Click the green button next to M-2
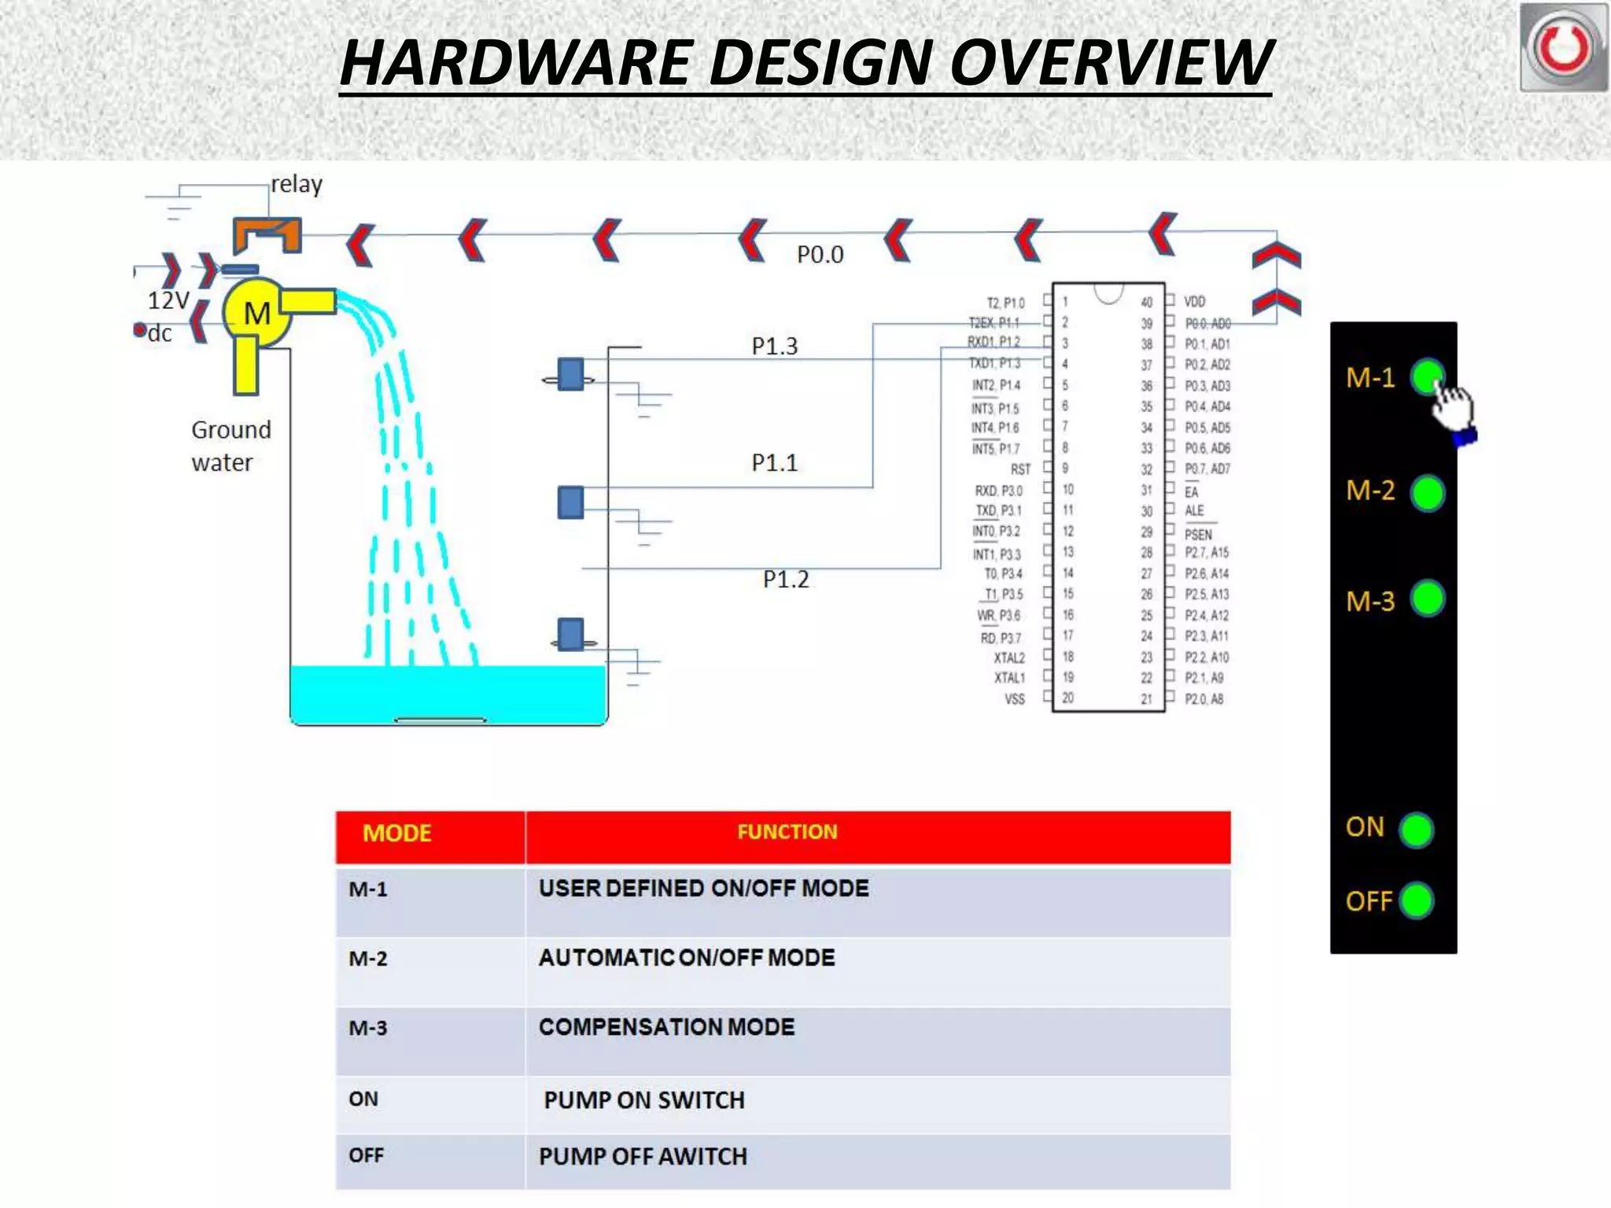point(1427,493)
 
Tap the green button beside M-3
point(1427,598)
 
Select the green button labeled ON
point(1417,830)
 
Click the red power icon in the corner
point(1563,47)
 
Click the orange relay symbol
point(267,234)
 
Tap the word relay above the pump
point(297,184)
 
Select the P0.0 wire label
point(820,255)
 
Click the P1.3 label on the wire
point(774,346)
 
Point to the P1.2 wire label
point(785,580)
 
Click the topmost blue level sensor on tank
point(570,374)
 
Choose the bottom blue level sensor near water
point(570,635)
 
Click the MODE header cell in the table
point(397,834)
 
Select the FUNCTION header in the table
point(787,832)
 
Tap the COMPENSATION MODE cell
point(666,1027)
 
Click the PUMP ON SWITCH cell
point(643,1100)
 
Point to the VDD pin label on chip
point(1194,302)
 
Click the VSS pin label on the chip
point(1014,699)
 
